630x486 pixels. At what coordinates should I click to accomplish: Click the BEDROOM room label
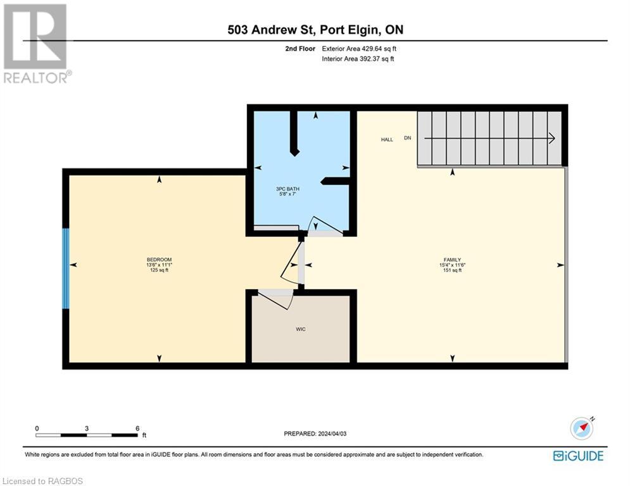[159, 259]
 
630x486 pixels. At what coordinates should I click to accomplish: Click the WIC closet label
[301, 329]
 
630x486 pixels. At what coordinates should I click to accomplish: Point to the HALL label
[387, 139]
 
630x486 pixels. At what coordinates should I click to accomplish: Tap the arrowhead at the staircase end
[552, 138]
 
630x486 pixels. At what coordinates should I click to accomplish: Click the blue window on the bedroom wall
[65, 268]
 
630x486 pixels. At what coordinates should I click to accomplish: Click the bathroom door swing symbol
[323, 225]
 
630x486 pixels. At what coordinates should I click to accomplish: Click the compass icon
[581, 428]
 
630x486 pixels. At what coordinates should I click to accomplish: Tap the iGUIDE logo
[578, 456]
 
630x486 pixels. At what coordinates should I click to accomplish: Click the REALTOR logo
[35, 43]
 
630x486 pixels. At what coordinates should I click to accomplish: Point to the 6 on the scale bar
[137, 428]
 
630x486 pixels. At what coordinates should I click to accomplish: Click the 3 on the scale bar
[86, 428]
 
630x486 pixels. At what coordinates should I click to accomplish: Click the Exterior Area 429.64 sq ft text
[360, 49]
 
